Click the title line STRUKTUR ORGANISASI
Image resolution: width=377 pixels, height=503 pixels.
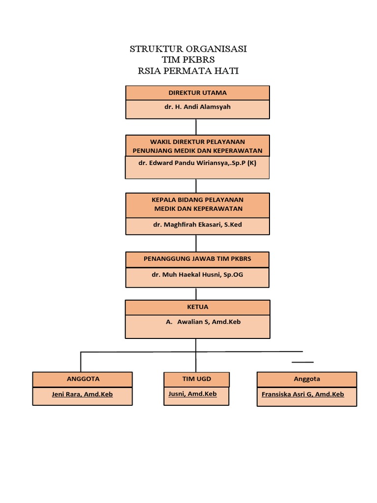click(188, 49)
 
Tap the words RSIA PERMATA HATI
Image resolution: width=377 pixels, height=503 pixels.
click(188, 71)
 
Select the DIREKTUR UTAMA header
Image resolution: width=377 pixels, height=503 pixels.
click(197, 93)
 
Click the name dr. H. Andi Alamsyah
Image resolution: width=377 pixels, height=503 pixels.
click(197, 107)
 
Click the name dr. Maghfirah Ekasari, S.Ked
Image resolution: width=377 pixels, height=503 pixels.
click(197, 225)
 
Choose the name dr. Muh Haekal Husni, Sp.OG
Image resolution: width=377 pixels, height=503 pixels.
click(197, 275)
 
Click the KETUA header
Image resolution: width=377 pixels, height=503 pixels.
click(197, 307)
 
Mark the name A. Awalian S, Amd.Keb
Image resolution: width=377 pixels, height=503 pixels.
click(203, 322)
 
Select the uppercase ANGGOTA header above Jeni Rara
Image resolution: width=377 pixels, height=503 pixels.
click(82, 379)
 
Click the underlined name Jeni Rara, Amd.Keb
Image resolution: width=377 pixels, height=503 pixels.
click(82, 394)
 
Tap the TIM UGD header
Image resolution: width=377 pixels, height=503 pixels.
click(197, 379)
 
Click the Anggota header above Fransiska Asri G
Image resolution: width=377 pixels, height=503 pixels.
click(307, 379)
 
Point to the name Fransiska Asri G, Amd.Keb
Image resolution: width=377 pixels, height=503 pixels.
click(303, 394)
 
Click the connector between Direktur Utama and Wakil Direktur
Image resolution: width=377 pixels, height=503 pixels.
click(196, 127)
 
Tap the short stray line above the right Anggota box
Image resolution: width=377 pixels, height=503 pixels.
click(303, 362)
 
